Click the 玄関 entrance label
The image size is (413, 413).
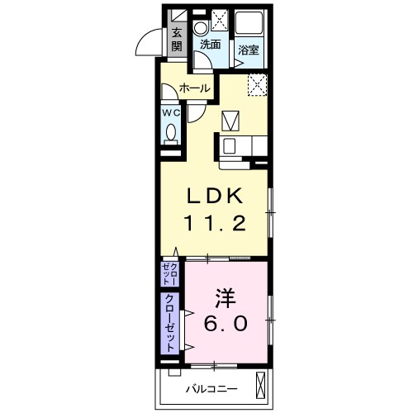pos(177,40)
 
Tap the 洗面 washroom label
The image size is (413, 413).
pos(211,45)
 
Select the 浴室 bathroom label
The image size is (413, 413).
pos(249,50)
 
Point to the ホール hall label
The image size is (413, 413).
pos(195,88)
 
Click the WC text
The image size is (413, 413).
pos(171,113)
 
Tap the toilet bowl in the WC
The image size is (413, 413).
pos(171,132)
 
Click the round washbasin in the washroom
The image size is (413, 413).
pos(201,27)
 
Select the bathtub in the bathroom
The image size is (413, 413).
pos(249,23)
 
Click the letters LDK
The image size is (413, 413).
pos(215,196)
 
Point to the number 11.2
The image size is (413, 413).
pos(215,223)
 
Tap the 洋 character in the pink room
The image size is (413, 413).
pos(225,298)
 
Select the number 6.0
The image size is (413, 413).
pos(225,323)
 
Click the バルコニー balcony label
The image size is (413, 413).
pos(211,389)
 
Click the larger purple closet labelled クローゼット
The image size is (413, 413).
pos(170,323)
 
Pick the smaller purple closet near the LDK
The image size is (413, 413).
pos(170,274)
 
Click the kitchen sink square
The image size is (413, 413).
pos(230,146)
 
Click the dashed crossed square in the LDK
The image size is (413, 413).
pos(258,85)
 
